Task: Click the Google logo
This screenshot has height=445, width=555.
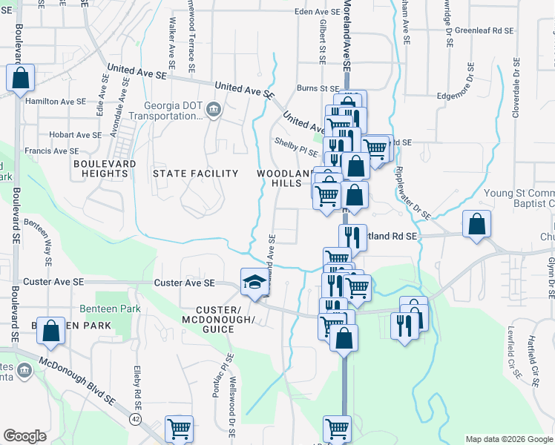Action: click(x=25, y=436)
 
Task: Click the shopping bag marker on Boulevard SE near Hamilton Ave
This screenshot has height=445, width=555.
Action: click(x=21, y=77)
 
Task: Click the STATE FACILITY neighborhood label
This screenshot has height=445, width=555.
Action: click(x=195, y=174)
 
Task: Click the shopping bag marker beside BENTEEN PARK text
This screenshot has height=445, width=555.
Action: click(x=50, y=332)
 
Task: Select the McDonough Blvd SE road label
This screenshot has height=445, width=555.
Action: click(x=78, y=381)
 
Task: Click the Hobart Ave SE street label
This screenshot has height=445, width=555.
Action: click(x=75, y=135)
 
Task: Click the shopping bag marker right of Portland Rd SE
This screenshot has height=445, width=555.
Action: click(x=476, y=224)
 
